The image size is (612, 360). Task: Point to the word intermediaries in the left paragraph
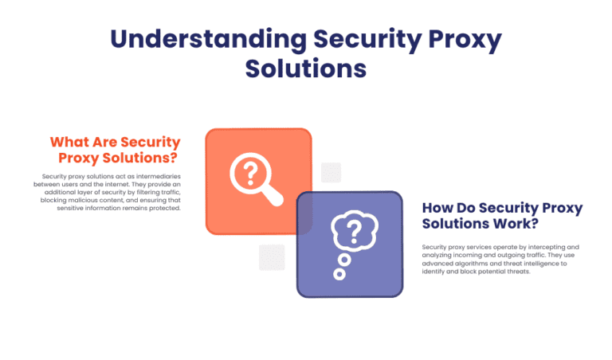pos(155,176)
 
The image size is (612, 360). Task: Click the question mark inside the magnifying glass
pos(249,171)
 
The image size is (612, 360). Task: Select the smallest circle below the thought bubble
pos(339,274)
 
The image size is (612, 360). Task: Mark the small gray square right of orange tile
pos(331,173)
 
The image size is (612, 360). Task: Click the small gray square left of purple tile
pos(272,257)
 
